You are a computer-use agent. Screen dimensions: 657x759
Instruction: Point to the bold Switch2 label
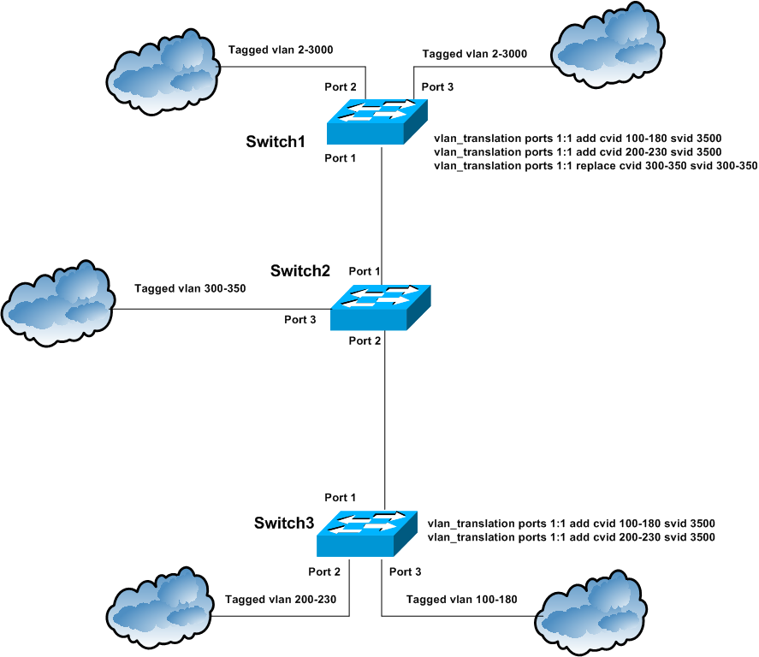(x=300, y=271)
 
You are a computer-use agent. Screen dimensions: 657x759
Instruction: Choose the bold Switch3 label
(x=284, y=522)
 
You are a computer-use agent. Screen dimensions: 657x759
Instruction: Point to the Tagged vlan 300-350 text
(x=190, y=288)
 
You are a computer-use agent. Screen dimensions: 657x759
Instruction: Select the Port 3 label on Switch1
(x=438, y=87)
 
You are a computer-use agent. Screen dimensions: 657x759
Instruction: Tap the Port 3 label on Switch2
(x=300, y=319)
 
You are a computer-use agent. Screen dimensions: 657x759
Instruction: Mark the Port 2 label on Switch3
(x=324, y=571)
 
